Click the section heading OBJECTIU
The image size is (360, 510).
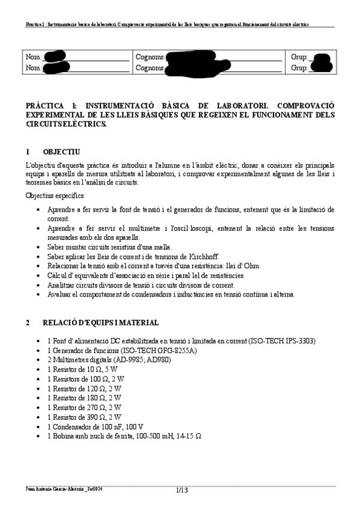[x=62, y=152]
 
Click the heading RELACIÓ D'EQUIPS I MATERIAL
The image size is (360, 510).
[x=100, y=323]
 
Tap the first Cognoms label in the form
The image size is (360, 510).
[x=150, y=57]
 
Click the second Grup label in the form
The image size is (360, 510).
[x=299, y=68]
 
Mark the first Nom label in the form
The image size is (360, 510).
[x=34, y=57]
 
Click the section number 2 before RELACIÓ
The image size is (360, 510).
[x=28, y=323]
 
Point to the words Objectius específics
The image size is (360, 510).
[x=55, y=196]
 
